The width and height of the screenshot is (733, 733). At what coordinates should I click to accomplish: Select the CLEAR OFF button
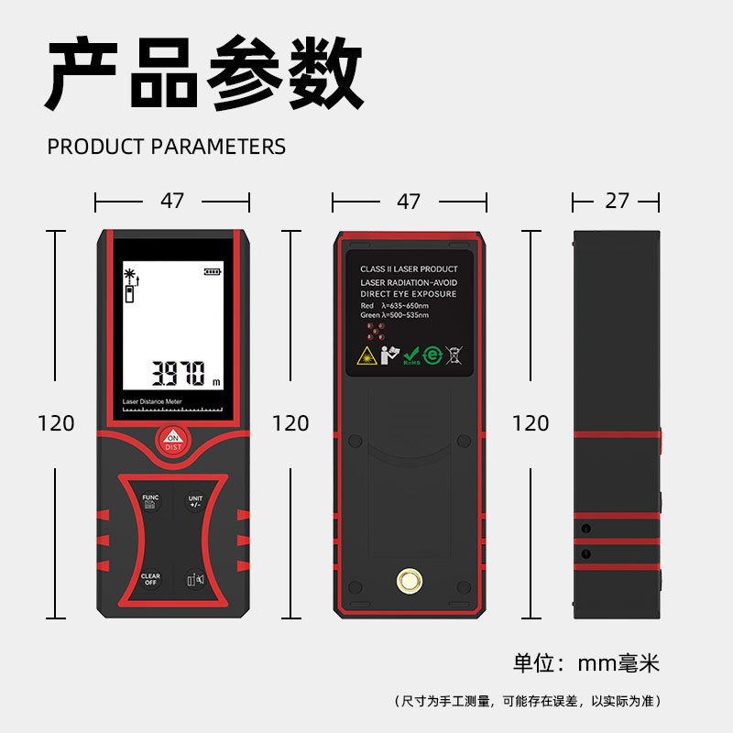click(150, 580)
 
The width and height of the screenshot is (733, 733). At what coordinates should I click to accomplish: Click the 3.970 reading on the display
click(178, 373)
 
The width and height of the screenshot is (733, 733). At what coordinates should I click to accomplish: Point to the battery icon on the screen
click(213, 271)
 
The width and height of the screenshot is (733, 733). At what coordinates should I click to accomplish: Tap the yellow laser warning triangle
click(366, 356)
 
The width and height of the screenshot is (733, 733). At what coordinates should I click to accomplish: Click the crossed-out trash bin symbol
click(454, 356)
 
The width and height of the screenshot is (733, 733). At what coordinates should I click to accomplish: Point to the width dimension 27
click(617, 201)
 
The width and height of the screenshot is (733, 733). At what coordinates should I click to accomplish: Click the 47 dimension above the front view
click(172, 201)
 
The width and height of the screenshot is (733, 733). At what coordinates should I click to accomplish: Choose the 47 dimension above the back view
click(409, 201)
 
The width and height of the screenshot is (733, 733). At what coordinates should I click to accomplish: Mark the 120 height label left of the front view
click(56, 423)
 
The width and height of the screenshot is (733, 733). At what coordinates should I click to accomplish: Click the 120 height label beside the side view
click(531, 423)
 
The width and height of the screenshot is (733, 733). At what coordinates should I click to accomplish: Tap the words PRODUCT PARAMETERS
click(166, 147)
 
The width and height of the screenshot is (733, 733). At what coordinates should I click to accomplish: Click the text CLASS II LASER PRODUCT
click(409, 269)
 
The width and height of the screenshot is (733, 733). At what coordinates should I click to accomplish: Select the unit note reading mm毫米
click(585, 663)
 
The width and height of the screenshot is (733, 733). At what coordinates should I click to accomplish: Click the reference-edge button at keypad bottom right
click(194, 580)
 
